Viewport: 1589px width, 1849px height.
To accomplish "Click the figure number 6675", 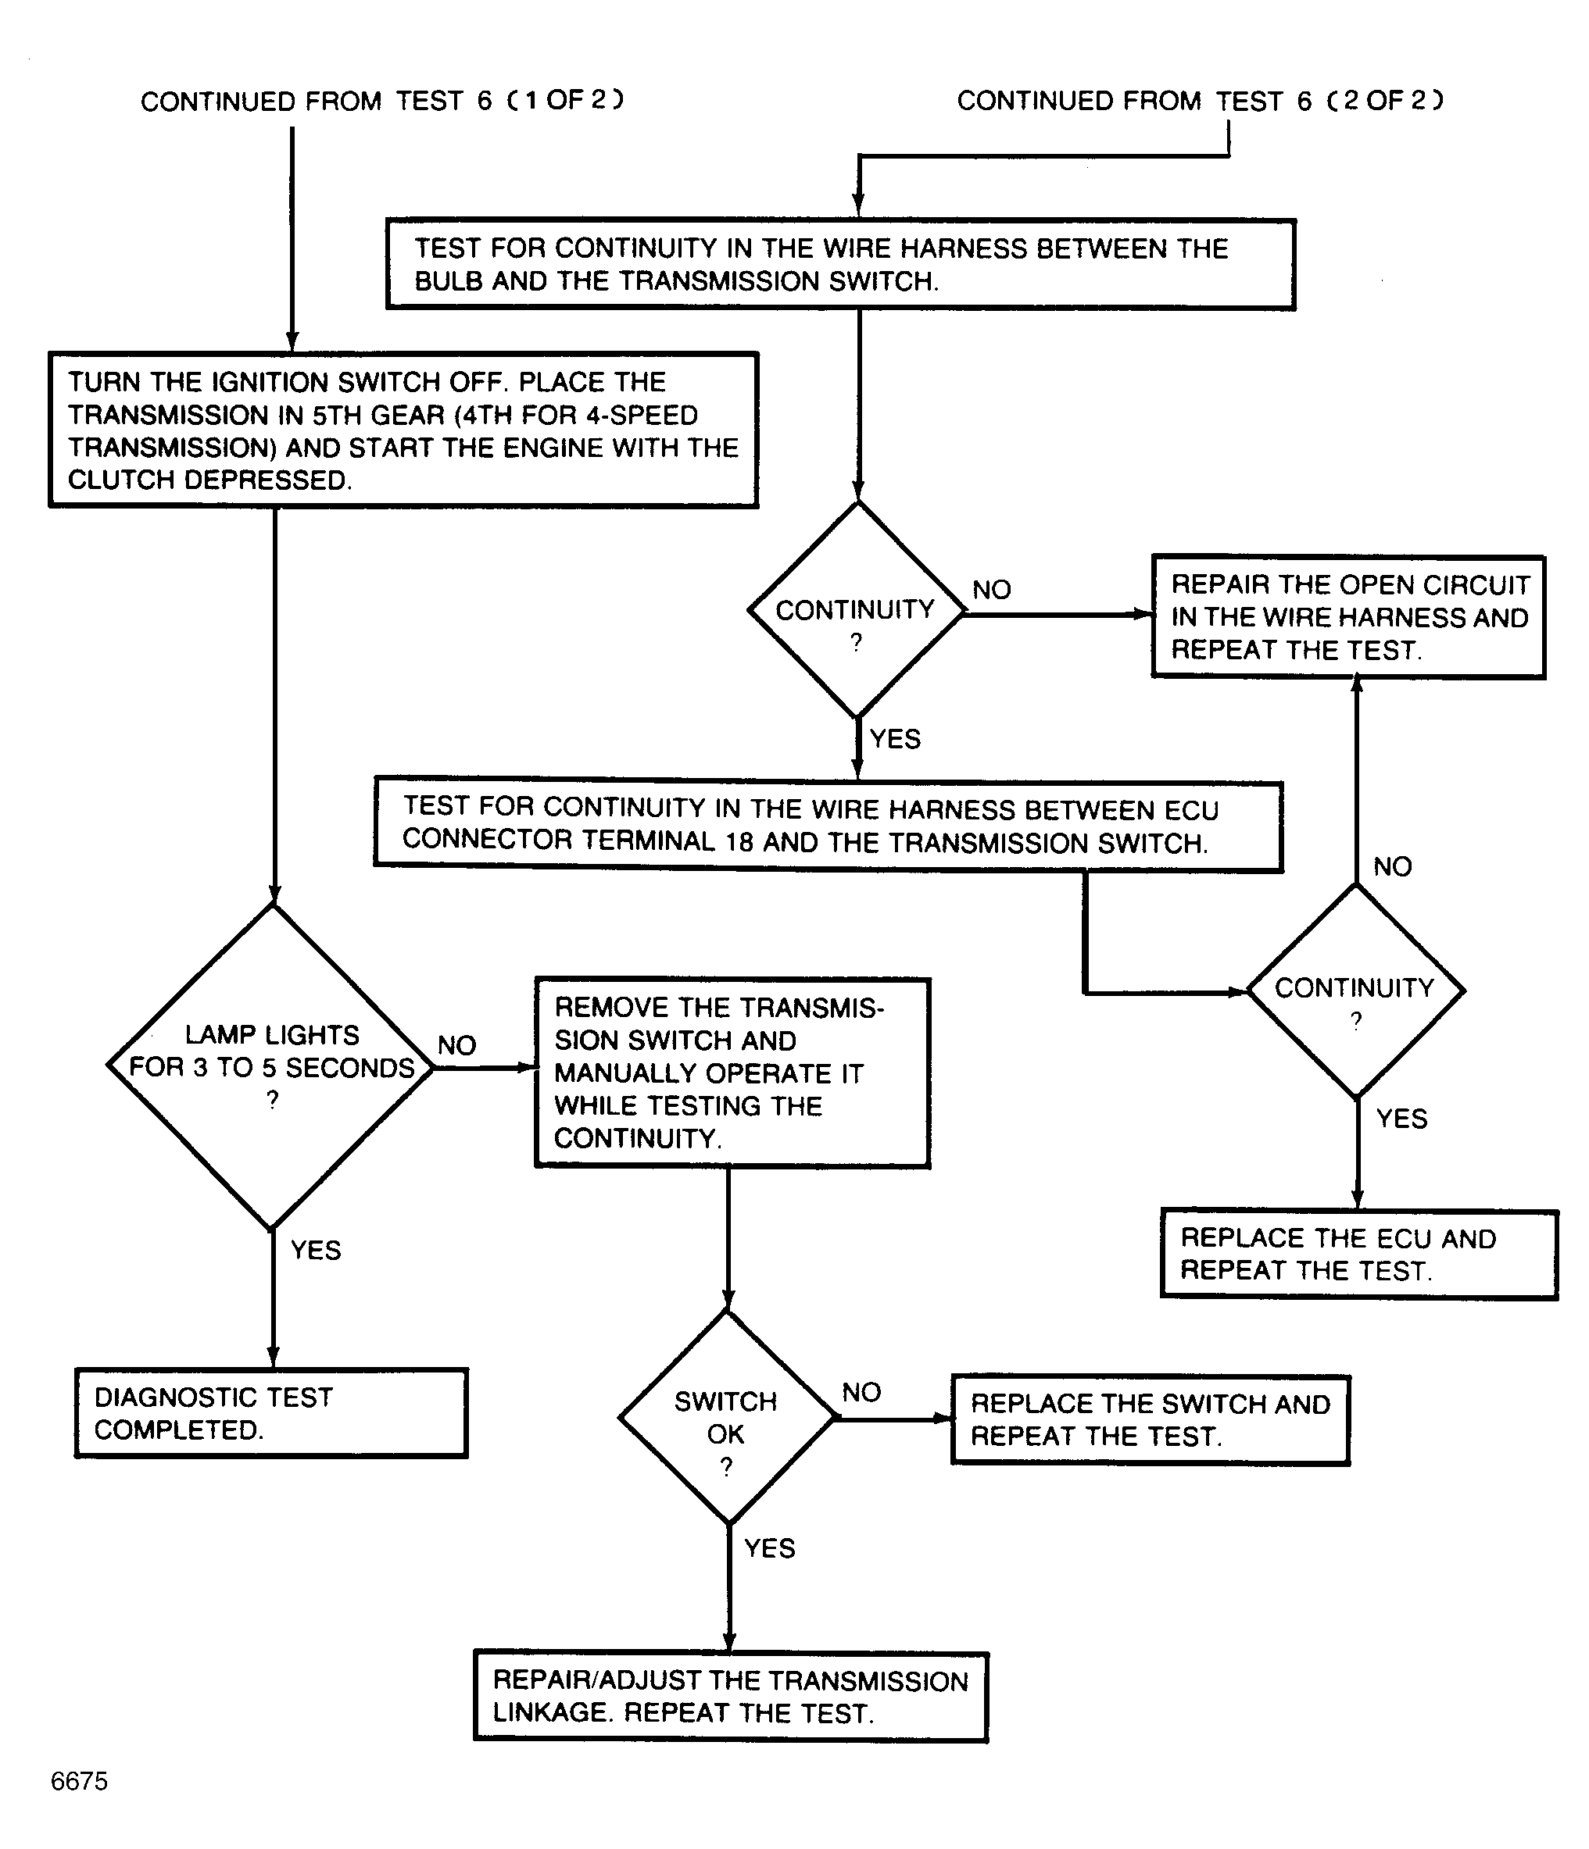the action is [x=80, y=1781].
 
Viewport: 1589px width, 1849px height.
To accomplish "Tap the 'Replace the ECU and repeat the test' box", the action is [x=1358, y=1254].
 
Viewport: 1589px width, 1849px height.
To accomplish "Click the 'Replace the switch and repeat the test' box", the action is [x=1151, y=1420].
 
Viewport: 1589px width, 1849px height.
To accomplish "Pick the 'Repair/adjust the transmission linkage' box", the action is [x=731, y=1697].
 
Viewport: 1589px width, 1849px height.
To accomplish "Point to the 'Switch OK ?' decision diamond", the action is [x=728, y=1417].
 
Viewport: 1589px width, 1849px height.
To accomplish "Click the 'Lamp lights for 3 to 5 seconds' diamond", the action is [x=271, y=1066].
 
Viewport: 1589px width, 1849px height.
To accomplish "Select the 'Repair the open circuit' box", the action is [x=1349, y=616].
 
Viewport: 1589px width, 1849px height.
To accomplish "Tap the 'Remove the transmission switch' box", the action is [x=733, y=1073].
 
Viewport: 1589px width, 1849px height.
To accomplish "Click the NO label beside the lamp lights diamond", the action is [x=457, y=1045].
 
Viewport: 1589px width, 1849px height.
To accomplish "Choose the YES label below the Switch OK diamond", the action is [x=770, y=1547].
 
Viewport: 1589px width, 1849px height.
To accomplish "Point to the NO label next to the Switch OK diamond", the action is [x=861, y=1392].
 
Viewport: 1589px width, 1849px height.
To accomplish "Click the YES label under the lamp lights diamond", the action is [x=316, y=1249].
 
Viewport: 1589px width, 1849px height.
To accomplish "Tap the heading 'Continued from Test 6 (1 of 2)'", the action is [x=382, y=100].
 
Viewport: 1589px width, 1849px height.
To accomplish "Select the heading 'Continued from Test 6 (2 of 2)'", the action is [x=1201, y=100].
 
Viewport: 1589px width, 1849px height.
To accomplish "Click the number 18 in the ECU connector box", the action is [x=740, y=841].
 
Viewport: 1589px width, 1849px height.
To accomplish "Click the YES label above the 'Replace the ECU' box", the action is [x=1401, y=1118].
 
